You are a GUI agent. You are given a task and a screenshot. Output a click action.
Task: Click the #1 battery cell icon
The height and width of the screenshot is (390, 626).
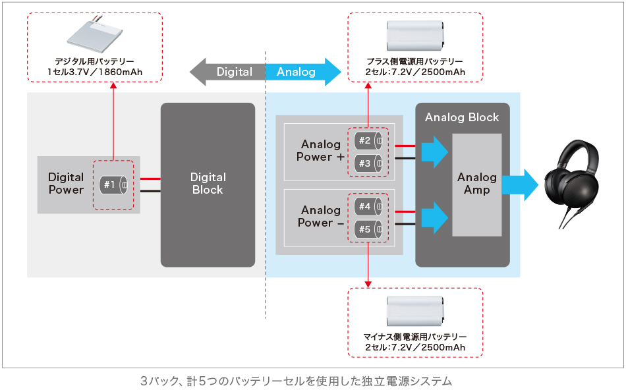114,184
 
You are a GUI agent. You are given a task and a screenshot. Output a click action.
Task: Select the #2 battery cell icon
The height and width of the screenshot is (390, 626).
368,140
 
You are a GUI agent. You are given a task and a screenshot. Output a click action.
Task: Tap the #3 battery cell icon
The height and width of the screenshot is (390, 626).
368,163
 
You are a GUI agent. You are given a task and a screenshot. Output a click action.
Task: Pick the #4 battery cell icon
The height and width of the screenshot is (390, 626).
368,206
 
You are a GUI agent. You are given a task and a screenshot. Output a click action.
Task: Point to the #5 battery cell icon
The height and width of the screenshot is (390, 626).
368,229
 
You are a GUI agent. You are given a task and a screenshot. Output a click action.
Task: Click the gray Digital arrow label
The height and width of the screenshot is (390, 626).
228,71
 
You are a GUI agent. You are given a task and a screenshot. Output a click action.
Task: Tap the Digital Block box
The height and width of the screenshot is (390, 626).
208,184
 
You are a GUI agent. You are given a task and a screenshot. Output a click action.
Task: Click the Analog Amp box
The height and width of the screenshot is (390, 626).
477,184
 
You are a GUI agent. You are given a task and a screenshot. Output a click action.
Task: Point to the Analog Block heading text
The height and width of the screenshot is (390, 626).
462,118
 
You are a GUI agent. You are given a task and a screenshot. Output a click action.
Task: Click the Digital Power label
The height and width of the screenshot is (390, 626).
66,184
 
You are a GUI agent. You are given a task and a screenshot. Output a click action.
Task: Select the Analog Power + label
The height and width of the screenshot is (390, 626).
321,151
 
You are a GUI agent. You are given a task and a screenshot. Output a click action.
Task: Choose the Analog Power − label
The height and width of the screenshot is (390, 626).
321,217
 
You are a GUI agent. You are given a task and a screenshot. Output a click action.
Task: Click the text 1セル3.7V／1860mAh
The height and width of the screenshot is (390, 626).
95,72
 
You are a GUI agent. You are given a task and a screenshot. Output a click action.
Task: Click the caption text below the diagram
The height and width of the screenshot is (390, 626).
296,381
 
